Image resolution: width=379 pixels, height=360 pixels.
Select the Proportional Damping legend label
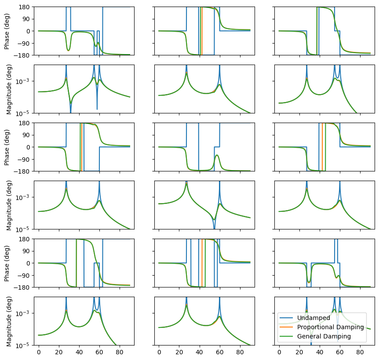tap(330, 327)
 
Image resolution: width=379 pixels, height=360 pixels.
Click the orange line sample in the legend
tap(287, 327)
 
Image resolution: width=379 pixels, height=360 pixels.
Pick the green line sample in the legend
tap(287, 337)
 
